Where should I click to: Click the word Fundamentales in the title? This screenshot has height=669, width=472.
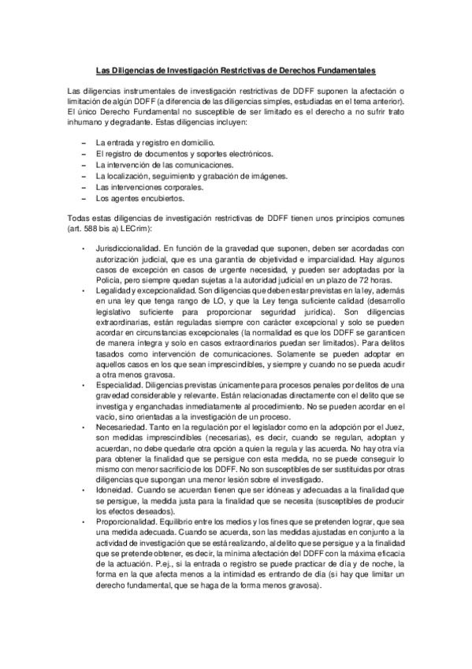click(343, 69)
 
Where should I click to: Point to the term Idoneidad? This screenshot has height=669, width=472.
click(113, 490)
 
